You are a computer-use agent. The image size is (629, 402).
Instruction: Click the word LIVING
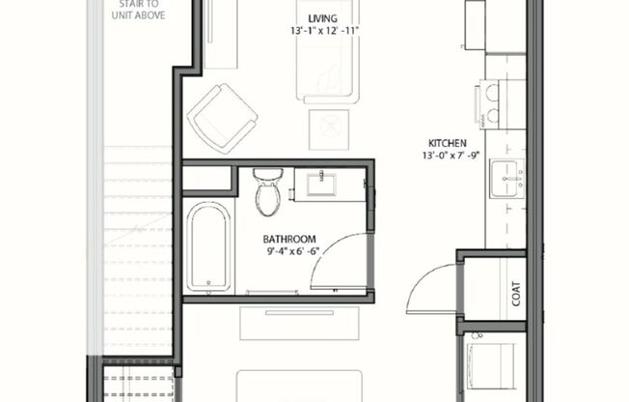point(322,18)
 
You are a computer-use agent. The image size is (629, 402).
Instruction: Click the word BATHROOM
point(290,239)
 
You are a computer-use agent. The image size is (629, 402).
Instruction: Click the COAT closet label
point(516,292)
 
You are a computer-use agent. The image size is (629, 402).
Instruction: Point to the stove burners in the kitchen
point(486,102)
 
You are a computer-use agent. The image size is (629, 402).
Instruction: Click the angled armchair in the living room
point(223,117)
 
